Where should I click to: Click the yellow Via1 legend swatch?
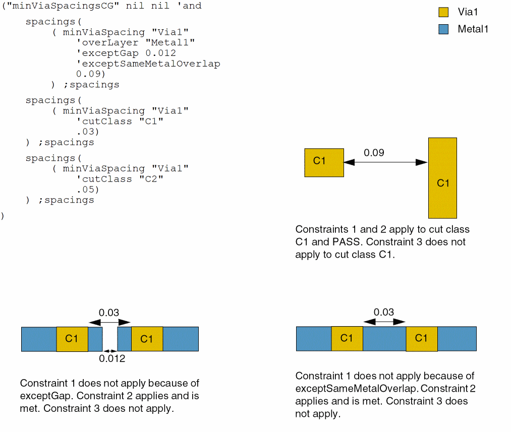click(443, 12)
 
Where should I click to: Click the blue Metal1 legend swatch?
click(443, 29)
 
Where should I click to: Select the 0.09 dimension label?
click(374, 152)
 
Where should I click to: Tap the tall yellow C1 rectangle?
click(442, 177)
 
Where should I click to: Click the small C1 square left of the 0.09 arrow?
click(324, 162)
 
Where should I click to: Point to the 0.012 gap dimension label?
click(112, 359)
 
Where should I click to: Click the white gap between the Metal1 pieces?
click(110, 339)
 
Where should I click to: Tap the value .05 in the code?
click(88, 190)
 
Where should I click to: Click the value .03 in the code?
click(88, 132)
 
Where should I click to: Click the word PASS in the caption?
click(347, 241)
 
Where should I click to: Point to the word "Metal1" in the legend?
click(473, 29)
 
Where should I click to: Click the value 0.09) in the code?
click(90, 74)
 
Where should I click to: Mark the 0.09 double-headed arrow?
click(385, 162)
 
